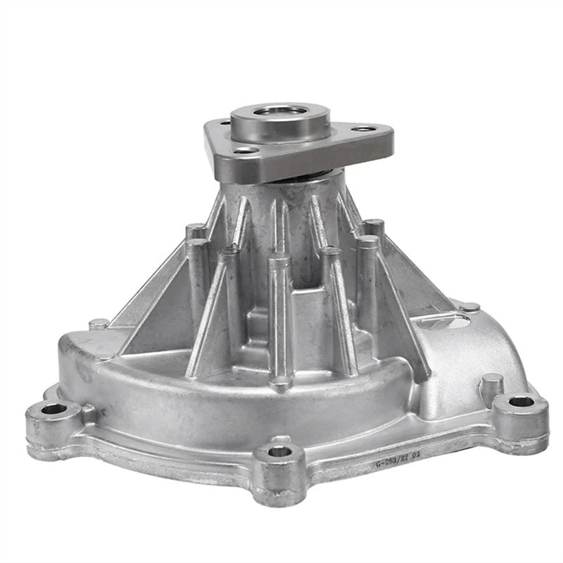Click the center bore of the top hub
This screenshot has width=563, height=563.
tap(280, 111)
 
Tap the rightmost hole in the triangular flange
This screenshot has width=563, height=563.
tap(364, 129)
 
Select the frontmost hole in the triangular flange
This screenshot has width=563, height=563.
tap(246, 150)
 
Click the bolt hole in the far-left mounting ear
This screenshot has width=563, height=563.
tap(53, 409)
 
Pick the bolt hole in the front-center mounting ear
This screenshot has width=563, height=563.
tap(280, 451)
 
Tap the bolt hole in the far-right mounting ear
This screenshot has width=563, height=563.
tap(521, 402)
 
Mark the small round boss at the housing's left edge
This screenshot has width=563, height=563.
tap(99, 324)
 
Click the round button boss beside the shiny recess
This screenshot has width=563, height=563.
tap(469, 307)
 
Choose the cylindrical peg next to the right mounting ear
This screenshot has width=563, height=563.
tap(491, 384)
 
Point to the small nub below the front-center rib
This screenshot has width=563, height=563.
tap(281, 384)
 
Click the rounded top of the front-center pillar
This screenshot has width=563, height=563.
tap(279, 259)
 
